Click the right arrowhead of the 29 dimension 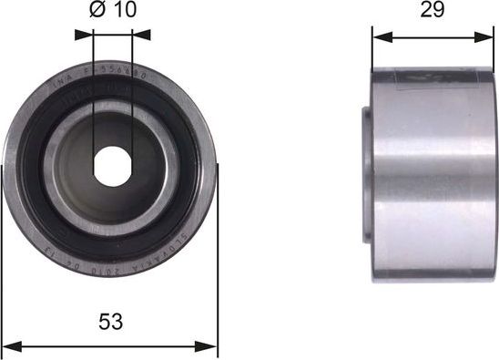click(x=488, y=37)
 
